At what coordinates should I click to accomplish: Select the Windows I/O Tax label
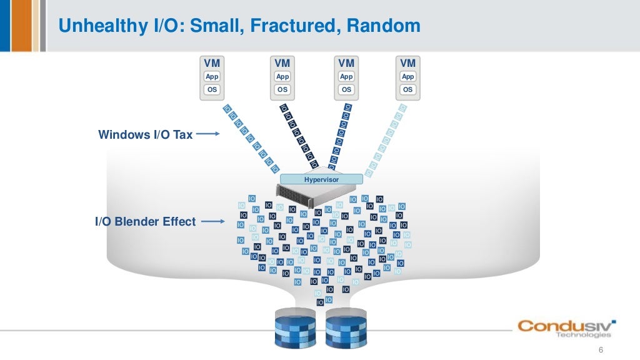coord(145,134)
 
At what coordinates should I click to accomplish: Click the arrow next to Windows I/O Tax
coord(207,134)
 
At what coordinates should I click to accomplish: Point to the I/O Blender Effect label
coord(145,221)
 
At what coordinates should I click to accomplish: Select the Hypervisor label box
coord(321,179)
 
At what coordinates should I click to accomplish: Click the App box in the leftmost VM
coord(212,76)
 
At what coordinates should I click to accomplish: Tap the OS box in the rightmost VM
coord(407,89)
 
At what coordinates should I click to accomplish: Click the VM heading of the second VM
coord(282,63)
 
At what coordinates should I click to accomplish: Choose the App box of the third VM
coord(346,76)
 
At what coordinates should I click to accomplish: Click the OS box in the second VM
coord(282,89)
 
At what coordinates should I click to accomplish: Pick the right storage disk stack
coord(345,329)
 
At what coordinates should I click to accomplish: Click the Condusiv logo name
coord(566,326)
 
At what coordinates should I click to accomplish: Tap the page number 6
coord(601,349)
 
